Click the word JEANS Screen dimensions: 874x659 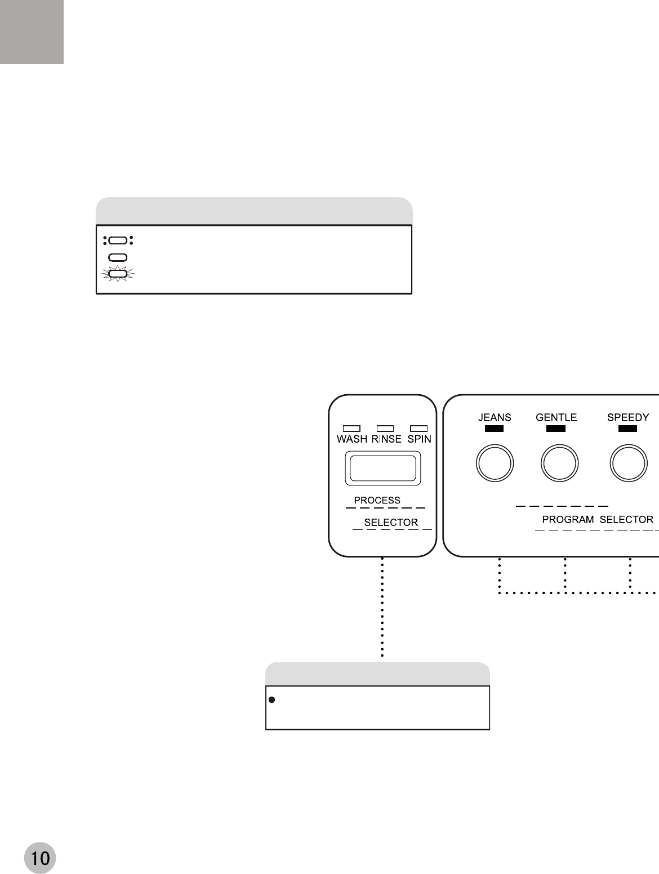(495, 418)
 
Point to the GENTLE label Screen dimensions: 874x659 (556, 418)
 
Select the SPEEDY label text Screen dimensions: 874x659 (628, 418)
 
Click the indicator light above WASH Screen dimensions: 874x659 (351, 429)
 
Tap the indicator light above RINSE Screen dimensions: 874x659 (385, 429)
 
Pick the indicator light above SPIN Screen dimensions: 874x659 (418, 429)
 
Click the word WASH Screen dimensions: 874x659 (352, 439)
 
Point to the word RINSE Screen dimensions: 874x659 (386, 439)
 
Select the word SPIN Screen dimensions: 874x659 (419, 439)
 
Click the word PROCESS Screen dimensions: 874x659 (377, 500)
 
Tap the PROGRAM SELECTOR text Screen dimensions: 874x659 (598, 520)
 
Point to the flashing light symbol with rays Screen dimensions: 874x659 (118, 274)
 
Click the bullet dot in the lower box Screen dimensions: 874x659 (271, 700)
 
